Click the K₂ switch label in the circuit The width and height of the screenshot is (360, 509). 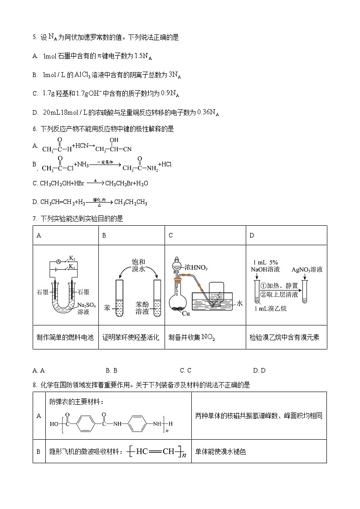tap(72, 258)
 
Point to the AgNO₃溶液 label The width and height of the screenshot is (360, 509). tap(307, 269)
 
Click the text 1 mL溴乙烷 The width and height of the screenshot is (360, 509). tap(272, 308)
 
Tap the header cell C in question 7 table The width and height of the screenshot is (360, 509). tap(170, 236)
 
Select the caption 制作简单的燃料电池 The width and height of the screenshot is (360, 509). tap(65, 337)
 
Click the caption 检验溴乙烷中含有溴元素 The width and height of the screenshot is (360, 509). tap(284, 337)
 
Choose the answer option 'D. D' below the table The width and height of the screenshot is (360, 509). tap(259, 370)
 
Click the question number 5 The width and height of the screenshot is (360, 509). tap(34, 38)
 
